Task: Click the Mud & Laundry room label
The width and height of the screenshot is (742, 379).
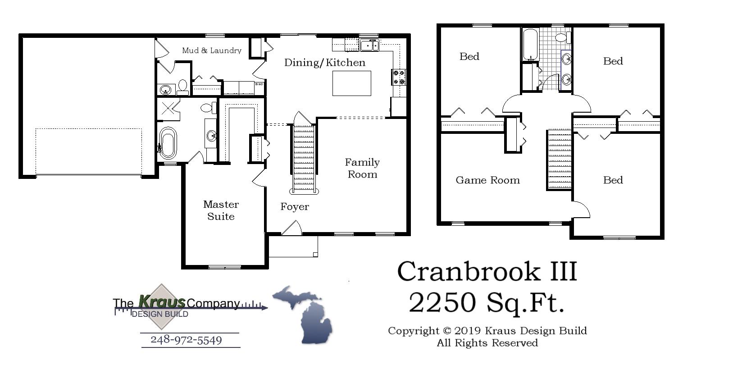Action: (x=211, y=50)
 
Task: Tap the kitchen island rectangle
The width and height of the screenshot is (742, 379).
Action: (x=351, y=83)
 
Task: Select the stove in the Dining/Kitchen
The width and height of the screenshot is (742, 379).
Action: (x=399, y=77)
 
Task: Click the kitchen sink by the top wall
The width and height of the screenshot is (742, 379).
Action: (x=369, y=45)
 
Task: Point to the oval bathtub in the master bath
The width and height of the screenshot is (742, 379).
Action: (x=168, y=143)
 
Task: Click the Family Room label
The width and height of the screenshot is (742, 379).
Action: (x=362, y=168)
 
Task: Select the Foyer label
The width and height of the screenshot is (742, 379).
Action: (x=295, y=207)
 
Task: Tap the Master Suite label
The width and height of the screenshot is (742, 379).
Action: (x=221, y=210)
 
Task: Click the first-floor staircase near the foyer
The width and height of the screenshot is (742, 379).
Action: (x=303, y=158)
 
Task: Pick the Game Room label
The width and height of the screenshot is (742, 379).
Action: (x=487, y=180)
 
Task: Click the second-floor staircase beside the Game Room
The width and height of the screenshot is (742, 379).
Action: (x=559, y=160)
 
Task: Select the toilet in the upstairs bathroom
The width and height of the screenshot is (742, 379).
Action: (x=562, y=37)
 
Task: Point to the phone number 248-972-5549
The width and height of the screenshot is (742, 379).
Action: (x=186, y=340)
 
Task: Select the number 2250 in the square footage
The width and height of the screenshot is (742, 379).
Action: (x=442, y=302)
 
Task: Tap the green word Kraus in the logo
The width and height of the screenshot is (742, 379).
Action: (x=162, y=301)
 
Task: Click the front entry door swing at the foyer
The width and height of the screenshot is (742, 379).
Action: (x=292, y=228)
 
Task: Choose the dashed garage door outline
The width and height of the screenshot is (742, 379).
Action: (x=88, y=151)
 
